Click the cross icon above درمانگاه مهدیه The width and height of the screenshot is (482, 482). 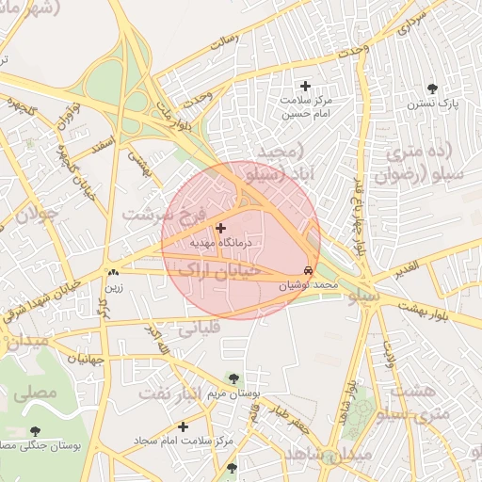(x=221, y=228)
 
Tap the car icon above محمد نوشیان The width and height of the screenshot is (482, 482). (x=311, y=269)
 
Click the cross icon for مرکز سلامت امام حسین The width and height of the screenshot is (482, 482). (x=305, y=87)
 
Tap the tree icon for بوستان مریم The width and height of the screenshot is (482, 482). (x=233, y=378)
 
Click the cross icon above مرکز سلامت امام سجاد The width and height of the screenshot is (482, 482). (x=182, y=426)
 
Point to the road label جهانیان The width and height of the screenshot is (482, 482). (x=84, y=358)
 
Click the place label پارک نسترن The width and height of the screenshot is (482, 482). (x=433, y=104)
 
